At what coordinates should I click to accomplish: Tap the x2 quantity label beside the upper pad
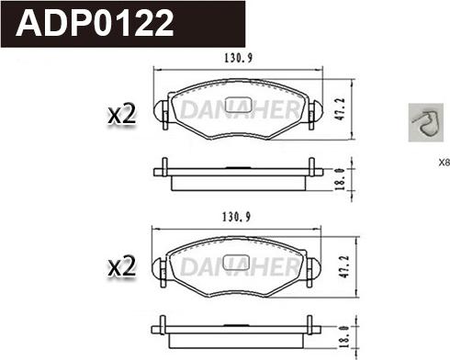click(121, 114)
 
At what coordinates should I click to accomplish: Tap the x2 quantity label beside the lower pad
click(121, 267)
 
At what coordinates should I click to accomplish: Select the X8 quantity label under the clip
click(444, 163)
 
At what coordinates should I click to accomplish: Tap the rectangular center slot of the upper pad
click(238, 103)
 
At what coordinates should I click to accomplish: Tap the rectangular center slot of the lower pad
click(238, 257)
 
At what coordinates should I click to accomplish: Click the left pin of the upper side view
click(163, 168)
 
